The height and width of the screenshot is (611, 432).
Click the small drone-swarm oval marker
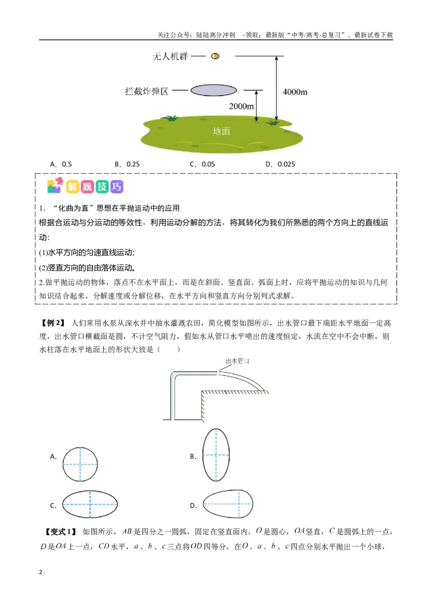(x=215, y=56)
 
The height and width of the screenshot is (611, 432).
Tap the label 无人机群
(x=170, y=57)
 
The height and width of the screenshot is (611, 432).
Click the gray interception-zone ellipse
(x=214, y=90)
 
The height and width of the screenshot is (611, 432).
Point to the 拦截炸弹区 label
(x=146, y=92)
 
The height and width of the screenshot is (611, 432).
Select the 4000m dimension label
(x=295, y=92)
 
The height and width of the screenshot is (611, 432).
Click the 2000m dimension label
(x=241, y=106)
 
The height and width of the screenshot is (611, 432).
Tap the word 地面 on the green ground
(x=221, y=131)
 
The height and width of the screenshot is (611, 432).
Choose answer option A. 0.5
(x=61, y=164)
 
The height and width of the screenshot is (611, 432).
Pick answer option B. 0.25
(x=127, y=164)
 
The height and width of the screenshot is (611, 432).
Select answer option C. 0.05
(x=202, y=164)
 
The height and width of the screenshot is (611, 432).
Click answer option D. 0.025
(x=280, y=164)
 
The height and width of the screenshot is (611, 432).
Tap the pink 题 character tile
(x=87, y=187)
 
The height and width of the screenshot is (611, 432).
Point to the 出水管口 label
(x=238, y=361)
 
